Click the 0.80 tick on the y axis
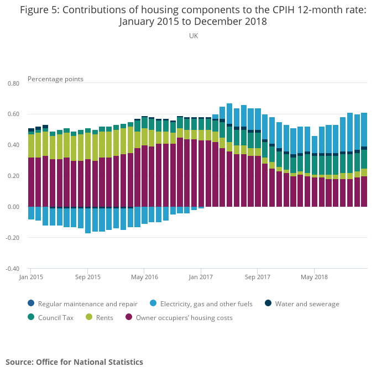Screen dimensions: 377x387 pos(13,83)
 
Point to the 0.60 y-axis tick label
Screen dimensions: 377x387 pos(13,114)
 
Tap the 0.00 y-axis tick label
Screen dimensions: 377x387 pos(13,207)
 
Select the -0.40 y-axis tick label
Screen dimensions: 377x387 pos(12,269)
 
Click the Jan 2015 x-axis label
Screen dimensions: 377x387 pos(31,276)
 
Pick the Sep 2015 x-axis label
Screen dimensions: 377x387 pos(88,276)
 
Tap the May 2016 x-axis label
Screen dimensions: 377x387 pos(144,276)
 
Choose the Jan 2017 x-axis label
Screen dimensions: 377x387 pos(201,276)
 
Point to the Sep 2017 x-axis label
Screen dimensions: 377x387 pos(257,276)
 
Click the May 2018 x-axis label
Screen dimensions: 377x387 pos(313,276)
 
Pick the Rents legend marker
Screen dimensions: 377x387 pos(89,317)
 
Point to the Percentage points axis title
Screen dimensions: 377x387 pos(55,79)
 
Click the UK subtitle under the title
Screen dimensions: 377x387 pos(193,36)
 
